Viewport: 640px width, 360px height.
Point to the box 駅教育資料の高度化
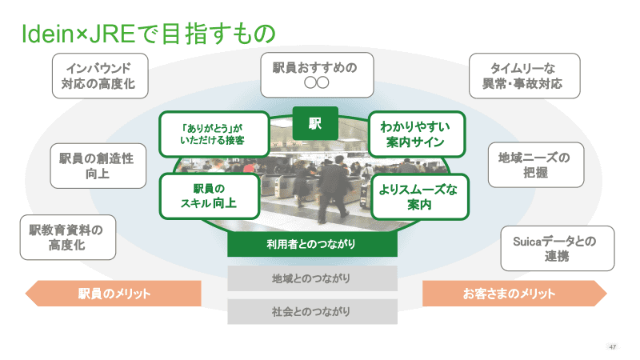pyautogui.click(x=66, y=238)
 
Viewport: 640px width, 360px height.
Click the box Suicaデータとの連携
pyautogui.click(x=546, y=247)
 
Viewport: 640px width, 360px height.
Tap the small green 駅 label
pyautogui.click(x=315, y=122)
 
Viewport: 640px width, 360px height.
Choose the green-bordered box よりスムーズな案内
pyautogui.click(x=418, y=197)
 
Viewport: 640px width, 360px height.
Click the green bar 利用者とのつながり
pyautogui.click(x=312, y=244)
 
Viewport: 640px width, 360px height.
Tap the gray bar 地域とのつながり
pyautogui.click(x=312, y=278)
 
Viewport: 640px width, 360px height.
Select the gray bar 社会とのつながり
pyautogui.click(x=312, y=311)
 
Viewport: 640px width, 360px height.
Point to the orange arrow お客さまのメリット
pyautogui.click(x=512, y=294)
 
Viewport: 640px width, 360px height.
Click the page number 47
pyautogui.click(x=612, y=346)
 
